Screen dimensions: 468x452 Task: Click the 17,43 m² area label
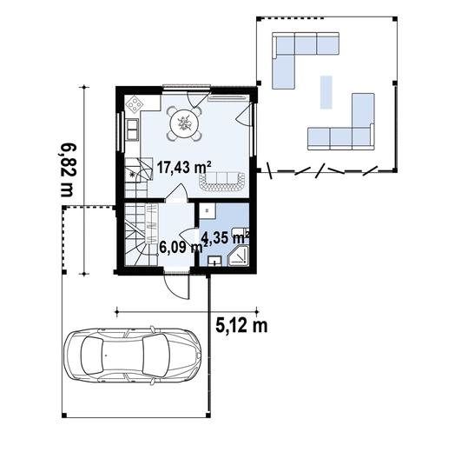tap(184, 167)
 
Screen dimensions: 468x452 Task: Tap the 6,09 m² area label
tap(183, 247)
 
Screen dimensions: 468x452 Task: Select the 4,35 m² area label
tap(225, 237)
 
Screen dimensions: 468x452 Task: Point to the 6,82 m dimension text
tap(67, 169)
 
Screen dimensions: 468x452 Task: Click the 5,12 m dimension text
tap(241, 326)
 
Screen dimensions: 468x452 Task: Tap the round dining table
tap(184, 123)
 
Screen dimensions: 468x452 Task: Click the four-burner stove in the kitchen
tap(134, 103)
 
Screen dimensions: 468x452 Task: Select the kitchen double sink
tap(132, 130)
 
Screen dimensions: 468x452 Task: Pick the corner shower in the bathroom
tap(238, 256)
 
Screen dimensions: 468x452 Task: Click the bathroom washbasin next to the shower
tap(214, 261)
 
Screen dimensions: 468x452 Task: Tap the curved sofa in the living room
tap(221, 182)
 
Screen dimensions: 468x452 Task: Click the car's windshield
tap(155, 355)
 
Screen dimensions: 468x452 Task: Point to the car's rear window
tap(92, 356)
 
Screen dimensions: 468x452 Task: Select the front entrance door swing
tap(177, 287)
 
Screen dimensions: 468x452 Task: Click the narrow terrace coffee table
tap(326, 92)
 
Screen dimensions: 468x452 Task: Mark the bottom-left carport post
tap(64, 415)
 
